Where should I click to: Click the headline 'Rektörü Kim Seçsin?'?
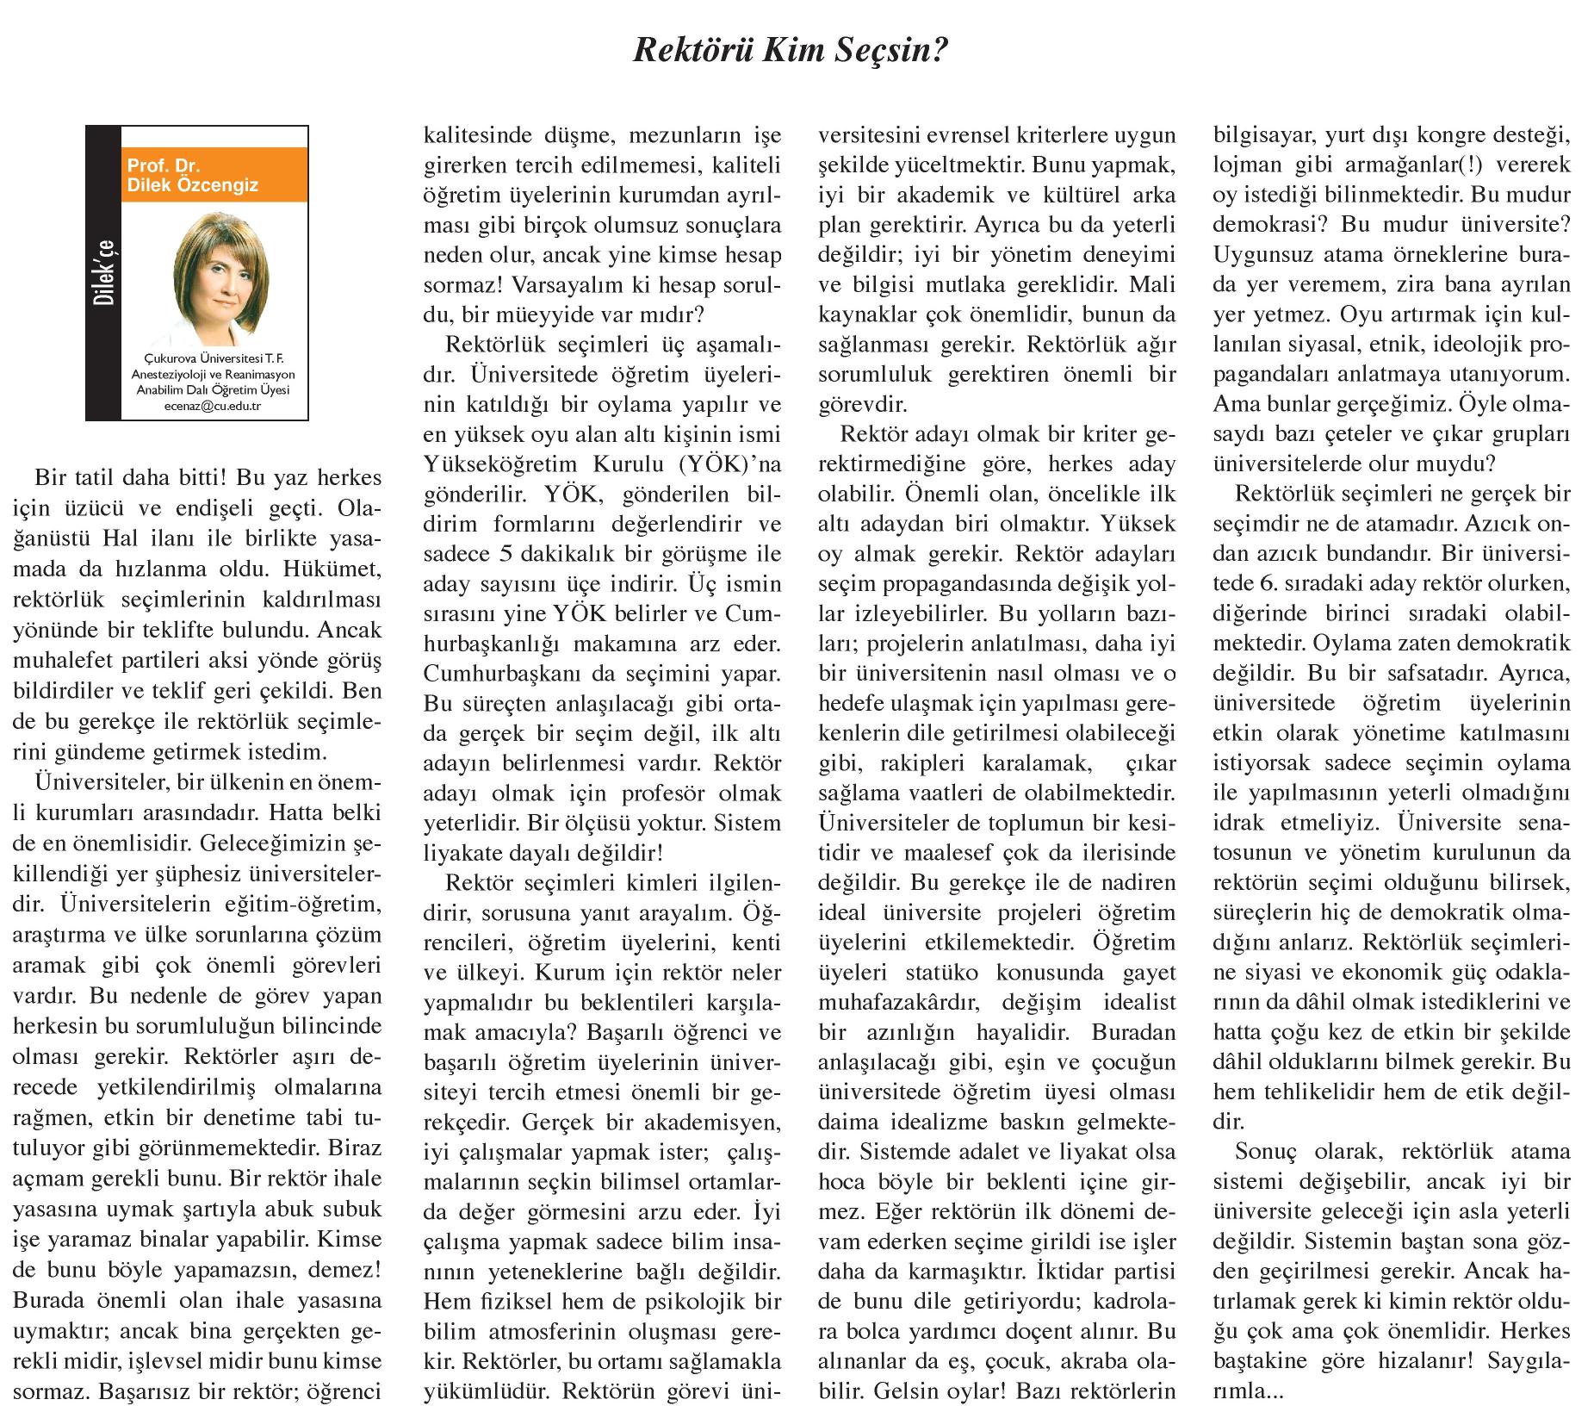click(790, 51)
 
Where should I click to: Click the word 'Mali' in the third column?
click(1151, 284)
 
